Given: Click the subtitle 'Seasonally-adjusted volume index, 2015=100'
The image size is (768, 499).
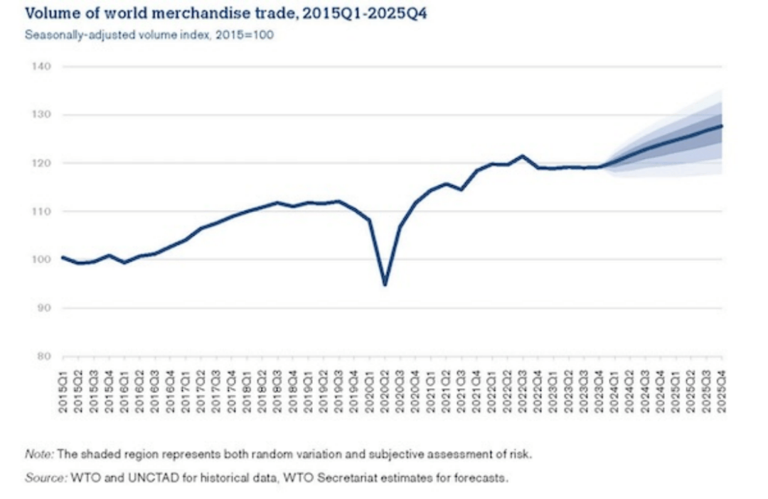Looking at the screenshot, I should tap(149, 36).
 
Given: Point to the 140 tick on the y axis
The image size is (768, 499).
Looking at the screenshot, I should tap(41, 67).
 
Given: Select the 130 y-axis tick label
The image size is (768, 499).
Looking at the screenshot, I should tap(41, 115).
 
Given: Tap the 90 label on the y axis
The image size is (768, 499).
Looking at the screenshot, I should tap(43, 308).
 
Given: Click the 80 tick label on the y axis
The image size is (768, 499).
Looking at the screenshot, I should tap(43, 357).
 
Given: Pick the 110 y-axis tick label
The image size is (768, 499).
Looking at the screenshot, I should tap(41, 211).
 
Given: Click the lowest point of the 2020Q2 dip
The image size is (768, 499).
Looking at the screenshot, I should tap(385, 285).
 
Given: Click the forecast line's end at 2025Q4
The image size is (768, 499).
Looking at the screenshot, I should tap(722, 126).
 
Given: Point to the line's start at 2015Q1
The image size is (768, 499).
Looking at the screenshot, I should tap(63, 257).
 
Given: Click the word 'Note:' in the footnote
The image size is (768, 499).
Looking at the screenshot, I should tap(36, 453).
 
